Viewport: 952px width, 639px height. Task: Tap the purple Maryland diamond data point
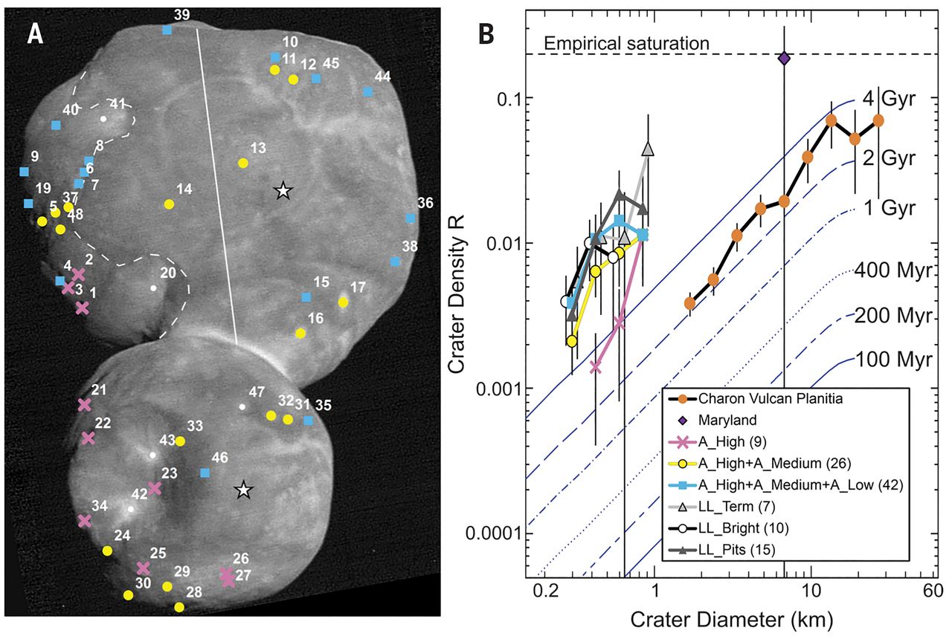(784, 58)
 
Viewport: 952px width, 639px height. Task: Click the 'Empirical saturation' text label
(627, 44)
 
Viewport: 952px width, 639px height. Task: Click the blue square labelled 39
(167, 30)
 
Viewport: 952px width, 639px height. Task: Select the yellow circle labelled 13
(242, 163)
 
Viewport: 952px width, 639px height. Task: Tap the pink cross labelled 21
(84, 405)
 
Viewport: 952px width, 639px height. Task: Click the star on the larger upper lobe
(282, 191)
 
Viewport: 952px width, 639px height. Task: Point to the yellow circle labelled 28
(178, 607)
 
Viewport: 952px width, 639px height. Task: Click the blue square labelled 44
(367, 91)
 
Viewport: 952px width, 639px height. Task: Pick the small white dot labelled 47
(242, 406)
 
